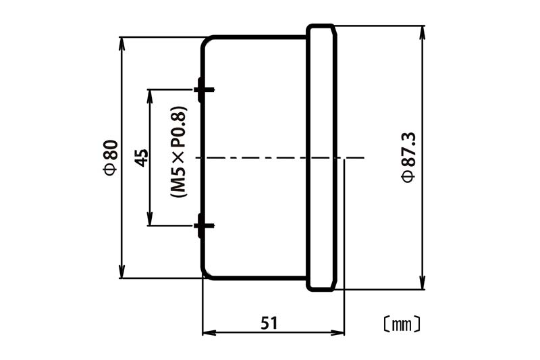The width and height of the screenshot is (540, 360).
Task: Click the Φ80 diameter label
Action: (111, 157)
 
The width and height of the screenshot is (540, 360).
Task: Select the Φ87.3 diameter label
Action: (409, 157)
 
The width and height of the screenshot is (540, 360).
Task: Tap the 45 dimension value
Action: (141, 158)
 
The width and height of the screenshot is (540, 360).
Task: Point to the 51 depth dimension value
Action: (269, 323)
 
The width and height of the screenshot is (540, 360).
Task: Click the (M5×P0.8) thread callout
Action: (179, 151)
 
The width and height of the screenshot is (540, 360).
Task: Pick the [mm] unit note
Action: (402, 324)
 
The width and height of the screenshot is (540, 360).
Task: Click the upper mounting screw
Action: (204, 90)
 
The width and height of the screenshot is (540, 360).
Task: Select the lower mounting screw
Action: (204, 226)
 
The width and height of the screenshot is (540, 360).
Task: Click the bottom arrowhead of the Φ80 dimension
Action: (122, 272)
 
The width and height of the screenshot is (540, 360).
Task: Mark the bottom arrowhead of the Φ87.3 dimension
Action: (423, 283)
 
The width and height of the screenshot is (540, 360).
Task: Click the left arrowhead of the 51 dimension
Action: (209, 333)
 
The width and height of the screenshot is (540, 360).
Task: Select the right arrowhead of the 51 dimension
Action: (337, 333)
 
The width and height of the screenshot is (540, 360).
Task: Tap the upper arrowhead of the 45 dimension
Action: (149, 97)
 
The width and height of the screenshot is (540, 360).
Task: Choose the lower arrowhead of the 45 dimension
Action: (149, 219)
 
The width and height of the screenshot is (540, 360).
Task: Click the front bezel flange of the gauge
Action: (321, 158)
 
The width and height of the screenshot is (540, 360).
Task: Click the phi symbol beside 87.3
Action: (409, 176)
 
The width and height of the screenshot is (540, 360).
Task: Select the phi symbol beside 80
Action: (111, 169)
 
